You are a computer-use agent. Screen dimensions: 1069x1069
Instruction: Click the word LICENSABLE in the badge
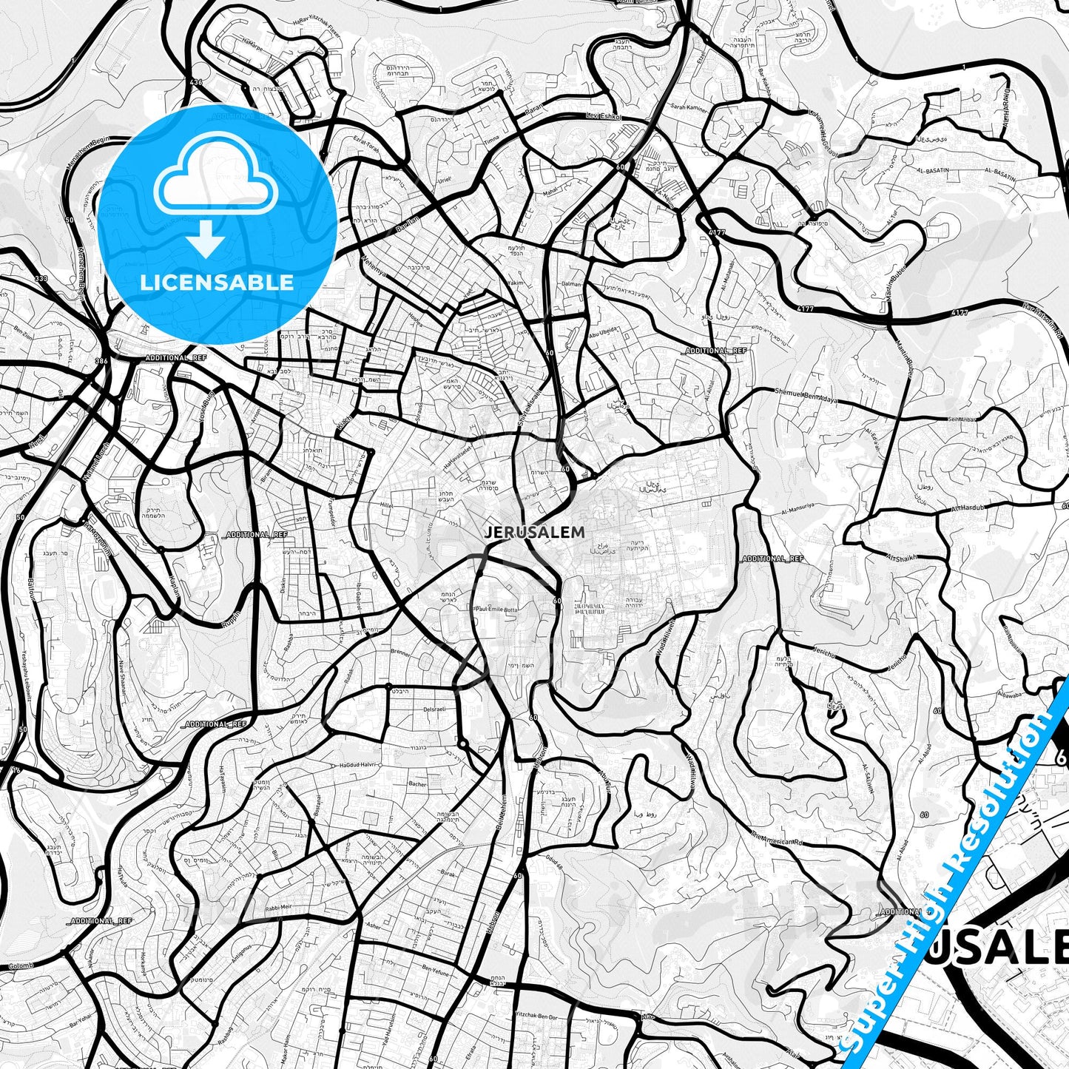coord(217,283)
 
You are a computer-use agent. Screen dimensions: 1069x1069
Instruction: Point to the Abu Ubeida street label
coord(599,331)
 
